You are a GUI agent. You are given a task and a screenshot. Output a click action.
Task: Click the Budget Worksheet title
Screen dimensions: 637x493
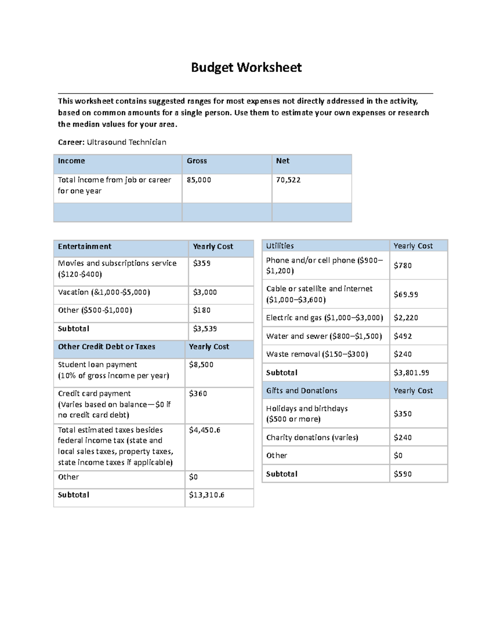click(x=246, y=67)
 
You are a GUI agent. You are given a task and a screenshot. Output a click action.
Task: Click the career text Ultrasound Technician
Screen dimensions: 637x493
click(x=126, y=142)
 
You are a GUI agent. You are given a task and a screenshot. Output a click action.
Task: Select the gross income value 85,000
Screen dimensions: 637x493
click(x=199, y=180)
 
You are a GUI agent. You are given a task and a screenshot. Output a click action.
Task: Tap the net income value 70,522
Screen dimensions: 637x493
click(x=288, y=180)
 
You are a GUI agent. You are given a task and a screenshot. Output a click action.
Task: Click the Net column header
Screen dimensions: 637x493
click(x=283, y=161)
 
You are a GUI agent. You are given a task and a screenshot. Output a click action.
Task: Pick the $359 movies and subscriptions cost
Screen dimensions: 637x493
click(x=202, y=263)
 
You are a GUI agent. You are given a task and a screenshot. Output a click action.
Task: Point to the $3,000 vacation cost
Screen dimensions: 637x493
click(x=205, y=292)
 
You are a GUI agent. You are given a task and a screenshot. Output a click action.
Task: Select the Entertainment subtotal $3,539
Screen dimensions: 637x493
click(x=205, y=329)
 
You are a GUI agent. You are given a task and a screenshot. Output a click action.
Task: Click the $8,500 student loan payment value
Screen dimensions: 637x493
click(x=201, y=365)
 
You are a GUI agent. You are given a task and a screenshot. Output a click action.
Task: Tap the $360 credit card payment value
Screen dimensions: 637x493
click(x=198, y=394)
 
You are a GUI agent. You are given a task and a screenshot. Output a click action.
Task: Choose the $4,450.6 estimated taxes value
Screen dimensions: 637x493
click(x=204, y=430)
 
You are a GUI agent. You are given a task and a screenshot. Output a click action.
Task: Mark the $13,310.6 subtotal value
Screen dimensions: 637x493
click(x=206, y=495)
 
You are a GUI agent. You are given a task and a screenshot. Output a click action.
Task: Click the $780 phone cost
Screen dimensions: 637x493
click(x=402, y=266)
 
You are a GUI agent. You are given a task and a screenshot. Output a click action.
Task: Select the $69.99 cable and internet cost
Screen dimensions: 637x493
click(x=405, y=295)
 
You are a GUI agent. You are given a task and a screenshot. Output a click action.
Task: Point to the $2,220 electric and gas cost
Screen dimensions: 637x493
click(x=405, y=318)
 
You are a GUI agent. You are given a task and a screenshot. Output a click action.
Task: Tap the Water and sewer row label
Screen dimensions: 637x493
click(x=324, y=336)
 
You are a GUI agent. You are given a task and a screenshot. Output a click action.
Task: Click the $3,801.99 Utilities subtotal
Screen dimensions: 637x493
click(x=411, y=373)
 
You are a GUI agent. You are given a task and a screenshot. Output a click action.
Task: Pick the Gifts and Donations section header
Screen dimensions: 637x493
click(x=302, y=391)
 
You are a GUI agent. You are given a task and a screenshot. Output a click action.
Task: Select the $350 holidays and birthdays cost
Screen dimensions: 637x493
click(x=402, y=414)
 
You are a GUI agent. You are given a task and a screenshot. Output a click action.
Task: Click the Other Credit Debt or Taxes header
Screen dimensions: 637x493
click(x=106, y=347)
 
